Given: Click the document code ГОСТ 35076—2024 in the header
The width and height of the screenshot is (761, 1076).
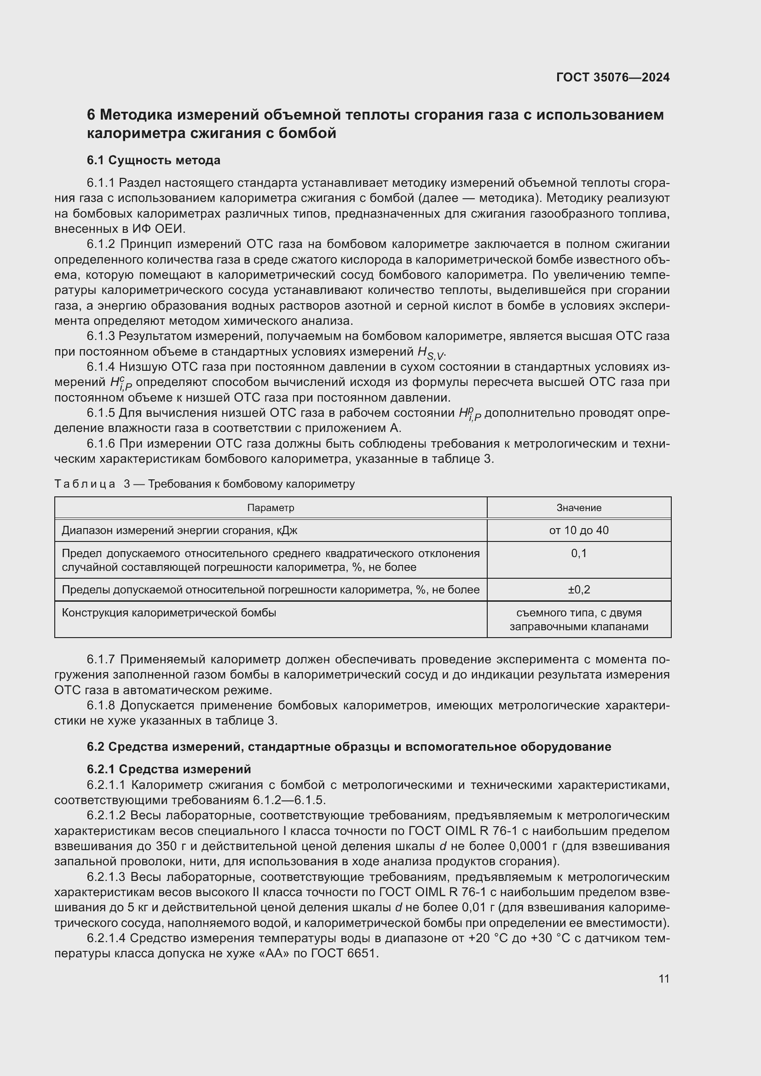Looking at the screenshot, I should click(x=613, y=77).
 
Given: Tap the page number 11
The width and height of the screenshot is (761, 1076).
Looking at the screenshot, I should click(x=663, y=978).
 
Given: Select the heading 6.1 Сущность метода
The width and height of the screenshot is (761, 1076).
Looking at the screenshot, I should click(x=153, y=160).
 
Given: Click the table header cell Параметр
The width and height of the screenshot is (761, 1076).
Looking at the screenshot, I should click(x=271, y=507).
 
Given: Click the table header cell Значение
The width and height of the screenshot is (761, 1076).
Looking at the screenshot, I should click(x=579, y=507).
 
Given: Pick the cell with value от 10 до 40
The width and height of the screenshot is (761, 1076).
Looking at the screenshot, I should click(x=579, y=530).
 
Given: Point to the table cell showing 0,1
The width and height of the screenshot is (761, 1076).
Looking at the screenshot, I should click(x=579, y=553).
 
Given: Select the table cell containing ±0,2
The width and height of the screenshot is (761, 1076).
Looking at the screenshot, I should click(x=579, y=590).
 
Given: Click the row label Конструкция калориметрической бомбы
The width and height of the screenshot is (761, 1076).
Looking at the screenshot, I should click(x=169, y=612).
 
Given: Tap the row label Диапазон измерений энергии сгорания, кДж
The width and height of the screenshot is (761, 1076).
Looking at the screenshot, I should click(x=179, y=530).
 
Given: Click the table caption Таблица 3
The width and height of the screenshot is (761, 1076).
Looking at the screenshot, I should click(x=92, y=483).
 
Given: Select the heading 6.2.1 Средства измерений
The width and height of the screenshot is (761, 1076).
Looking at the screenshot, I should click(x=169, y=769).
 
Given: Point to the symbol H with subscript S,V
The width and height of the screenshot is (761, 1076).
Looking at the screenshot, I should click(x=430, y=352).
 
